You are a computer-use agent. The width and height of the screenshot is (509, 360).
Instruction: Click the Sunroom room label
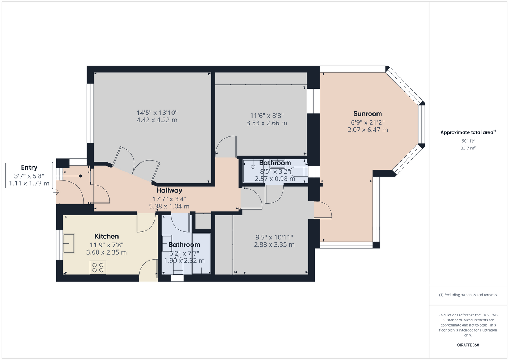click(x=367, y=113)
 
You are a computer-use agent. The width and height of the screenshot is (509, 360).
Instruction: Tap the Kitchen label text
click(x=107, y=236)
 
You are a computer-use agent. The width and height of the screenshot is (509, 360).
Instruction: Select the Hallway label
click(x=169, y=190)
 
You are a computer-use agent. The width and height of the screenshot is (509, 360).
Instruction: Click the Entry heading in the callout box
click(x=29, y=167)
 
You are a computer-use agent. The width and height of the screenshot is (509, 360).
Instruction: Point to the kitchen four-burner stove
click(x=98, y=267)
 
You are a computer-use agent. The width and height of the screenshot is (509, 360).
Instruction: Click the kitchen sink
click(x=69, y=243)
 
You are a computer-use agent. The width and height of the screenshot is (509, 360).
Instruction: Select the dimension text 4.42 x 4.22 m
click(x=157, y=120)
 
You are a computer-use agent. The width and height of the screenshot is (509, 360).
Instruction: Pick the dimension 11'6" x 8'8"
click(x=267, y=116)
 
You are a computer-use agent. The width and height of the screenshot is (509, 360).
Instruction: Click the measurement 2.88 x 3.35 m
click(x=274, y=244)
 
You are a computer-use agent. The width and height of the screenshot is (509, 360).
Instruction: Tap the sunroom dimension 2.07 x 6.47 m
click(x=367, y=130)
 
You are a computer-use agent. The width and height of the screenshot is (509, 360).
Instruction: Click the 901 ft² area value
click(x=468, y=141)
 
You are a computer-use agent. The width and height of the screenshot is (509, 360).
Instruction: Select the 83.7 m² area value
click(x=468, y=148)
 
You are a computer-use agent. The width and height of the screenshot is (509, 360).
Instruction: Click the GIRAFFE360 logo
click(x=468, y=345)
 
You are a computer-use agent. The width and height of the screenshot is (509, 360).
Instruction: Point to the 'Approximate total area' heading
click(x=468, y=132)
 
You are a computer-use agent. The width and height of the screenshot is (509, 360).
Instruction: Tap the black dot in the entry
click(x=80, y=176)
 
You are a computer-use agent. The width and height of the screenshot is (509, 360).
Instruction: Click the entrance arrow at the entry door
click(x=56, y=193)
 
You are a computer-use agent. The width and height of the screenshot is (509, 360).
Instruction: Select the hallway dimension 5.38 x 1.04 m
click(x=169, y=206)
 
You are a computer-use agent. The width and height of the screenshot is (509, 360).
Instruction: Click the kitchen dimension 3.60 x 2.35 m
click(x=107, y=252)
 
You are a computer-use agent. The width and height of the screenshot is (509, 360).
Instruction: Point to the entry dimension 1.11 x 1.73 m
click(x=29, y=183)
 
